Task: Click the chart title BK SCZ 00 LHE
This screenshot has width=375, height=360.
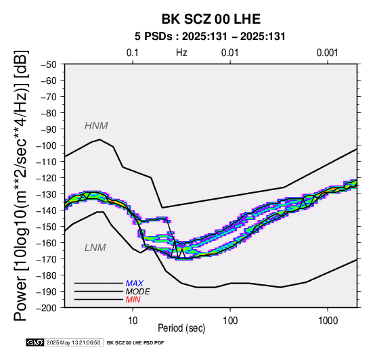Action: point(211,19)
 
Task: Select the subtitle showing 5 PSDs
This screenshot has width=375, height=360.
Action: point(210,37)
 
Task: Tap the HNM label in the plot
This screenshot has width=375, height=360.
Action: point(96,126)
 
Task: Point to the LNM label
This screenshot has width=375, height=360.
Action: point(95,248)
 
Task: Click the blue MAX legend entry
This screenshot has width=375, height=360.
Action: point(135,284)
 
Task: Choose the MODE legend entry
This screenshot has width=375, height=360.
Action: point(138,292)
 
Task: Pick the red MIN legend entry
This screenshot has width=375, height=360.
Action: point(133,300)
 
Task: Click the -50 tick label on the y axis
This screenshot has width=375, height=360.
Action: point(49,64)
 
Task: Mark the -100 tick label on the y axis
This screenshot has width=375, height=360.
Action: point(47,145)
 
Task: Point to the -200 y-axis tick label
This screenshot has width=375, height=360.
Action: point(47,308)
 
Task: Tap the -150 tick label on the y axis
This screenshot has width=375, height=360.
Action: point(47,227)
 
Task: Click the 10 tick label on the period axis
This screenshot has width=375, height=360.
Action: point(133,321)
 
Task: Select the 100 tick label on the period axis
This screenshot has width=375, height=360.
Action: point(230,321)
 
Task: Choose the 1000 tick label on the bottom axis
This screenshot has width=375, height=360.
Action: point(328,321)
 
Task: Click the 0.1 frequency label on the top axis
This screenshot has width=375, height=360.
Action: point(133,53)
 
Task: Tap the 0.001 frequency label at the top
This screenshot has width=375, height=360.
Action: point(328,53)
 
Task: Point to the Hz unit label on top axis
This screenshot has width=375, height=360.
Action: point(181,53)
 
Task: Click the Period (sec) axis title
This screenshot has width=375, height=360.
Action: point(181,328)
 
